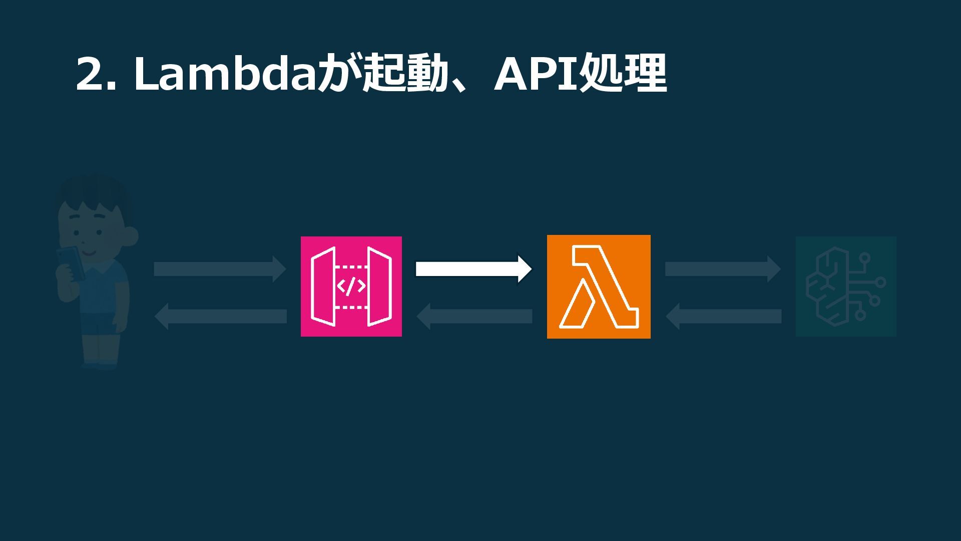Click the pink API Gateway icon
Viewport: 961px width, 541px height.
[x=351, y=286]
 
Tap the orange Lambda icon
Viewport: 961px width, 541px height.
[x=599, y=287]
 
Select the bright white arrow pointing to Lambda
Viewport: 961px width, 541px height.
[x=473, y=269]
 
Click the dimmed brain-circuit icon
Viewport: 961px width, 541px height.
[x=846, y=287]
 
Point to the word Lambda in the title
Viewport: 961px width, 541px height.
[x=225, y=74]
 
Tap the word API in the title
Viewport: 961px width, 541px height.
[x=536, y=74]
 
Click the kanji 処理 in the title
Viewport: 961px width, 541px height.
[x=623, y=74]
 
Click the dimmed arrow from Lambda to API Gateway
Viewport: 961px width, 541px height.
[x=474, y=316]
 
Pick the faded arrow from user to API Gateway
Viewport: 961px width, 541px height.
[x=220, y=269]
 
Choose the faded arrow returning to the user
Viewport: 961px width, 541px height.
[x=220, y=316]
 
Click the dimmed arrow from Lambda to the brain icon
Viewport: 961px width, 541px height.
[x=722, y=269]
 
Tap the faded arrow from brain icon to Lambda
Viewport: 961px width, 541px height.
[x=723, y=316]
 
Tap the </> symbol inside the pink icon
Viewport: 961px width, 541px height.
[x=351, y=286]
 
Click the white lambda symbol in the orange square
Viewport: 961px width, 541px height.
[x=598, y=287]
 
